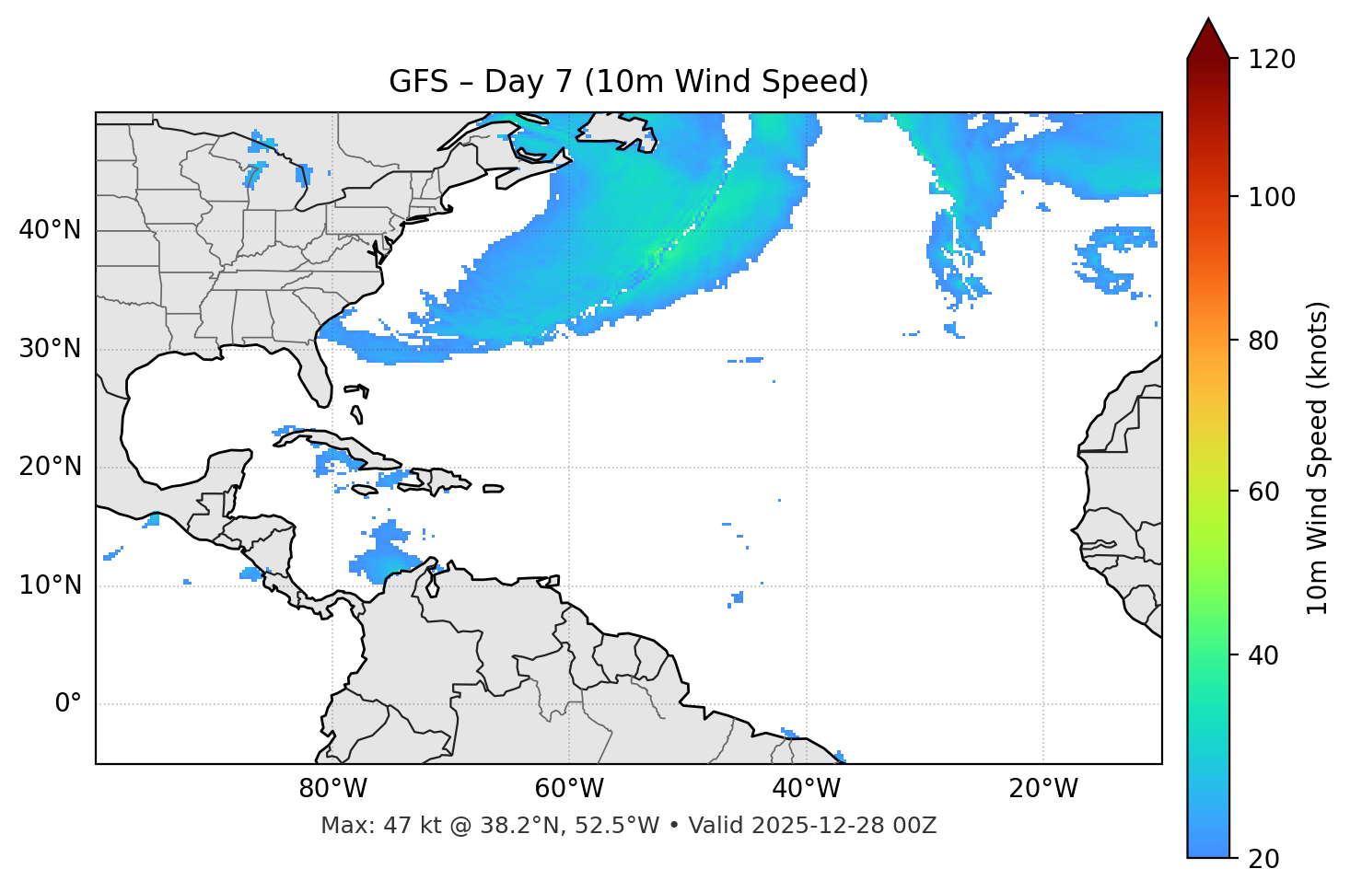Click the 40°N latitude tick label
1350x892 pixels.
(x=50, y=230)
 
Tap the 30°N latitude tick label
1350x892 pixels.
(x=50, y=349)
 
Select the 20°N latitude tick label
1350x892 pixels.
(x=50, y=467)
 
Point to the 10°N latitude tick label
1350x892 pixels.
(x=50, y=585)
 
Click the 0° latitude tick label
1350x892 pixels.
(x=68, y=704)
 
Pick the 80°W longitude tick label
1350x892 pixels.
(x=332, y=789)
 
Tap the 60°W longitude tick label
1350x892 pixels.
(x=569, y=789)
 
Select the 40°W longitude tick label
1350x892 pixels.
(x=806, y=789)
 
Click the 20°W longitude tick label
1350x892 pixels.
(x=1043, y=789)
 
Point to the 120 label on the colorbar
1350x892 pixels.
(x=1272, y=60)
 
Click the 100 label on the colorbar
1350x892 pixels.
(x=1272, y=197)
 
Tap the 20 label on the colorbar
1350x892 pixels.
(x=1263, y=859)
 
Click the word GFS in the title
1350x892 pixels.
(x=418, y=82)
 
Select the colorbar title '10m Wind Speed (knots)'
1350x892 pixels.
(x=1318, y=458)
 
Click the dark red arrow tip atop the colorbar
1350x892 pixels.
(x=1208, y=37)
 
